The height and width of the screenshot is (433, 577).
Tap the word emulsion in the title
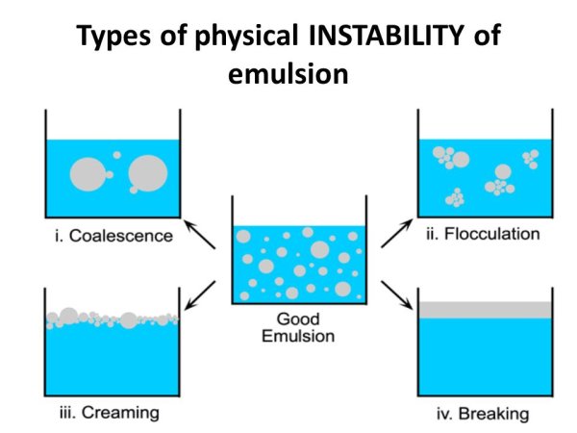(288, 74)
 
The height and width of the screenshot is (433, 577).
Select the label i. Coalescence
(113, 236)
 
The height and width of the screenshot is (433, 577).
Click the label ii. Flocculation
(483, 234)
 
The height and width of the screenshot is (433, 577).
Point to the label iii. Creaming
(110, 413)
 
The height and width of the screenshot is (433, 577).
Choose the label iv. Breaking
(483, 414)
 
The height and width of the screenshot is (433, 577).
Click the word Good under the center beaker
(298, 318)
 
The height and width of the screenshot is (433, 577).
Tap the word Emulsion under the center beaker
(298, 336)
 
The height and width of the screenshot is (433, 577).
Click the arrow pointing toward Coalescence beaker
(199, 234)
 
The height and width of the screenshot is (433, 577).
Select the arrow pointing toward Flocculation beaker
(396, 233)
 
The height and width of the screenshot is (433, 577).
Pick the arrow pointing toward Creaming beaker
(200, 295)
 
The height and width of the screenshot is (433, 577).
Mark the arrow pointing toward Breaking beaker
(396, 295)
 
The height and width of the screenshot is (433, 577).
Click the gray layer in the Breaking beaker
(485, 310)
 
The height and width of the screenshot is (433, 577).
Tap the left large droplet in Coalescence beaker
(87, 174)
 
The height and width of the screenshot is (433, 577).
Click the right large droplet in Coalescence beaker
(148, 173)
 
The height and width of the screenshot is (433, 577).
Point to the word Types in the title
(114, 37)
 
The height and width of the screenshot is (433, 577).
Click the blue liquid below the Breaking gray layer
(485, 356)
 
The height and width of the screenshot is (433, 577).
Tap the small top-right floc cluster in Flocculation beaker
(531, 159)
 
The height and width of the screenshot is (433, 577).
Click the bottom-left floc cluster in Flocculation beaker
(455, 198)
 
